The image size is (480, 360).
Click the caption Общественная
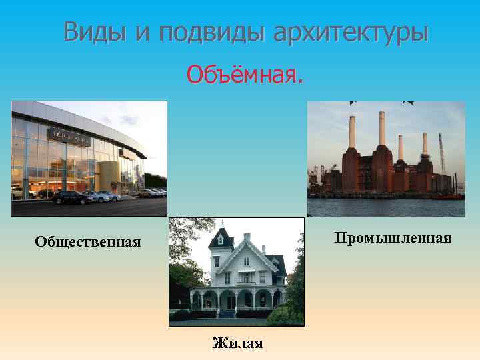pyautogui.click(x=88, y=241)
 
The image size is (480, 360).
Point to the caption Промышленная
pyautogui.click(x=393, y=237)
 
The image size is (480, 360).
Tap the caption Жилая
pyautogui.click(x=237, y=343)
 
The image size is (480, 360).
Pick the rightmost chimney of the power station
pyautogui.click(x=424, y=145)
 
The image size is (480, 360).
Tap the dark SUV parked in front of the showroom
pyautogui.click(x=69, y=197)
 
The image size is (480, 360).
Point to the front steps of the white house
pyautogui.click(x=229, y=313)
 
